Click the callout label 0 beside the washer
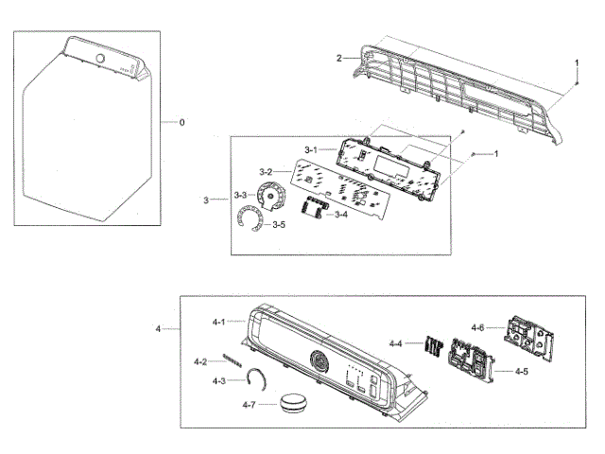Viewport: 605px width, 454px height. (182, 122)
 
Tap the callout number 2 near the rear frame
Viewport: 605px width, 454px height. (338, 59)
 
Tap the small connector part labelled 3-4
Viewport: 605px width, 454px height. (310, 208)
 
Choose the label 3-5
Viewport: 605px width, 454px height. (279, 225)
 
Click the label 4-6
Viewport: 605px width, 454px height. (478, 327)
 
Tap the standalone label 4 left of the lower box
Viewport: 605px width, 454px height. (158, 328)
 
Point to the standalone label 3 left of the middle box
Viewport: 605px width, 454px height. (206, 199)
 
